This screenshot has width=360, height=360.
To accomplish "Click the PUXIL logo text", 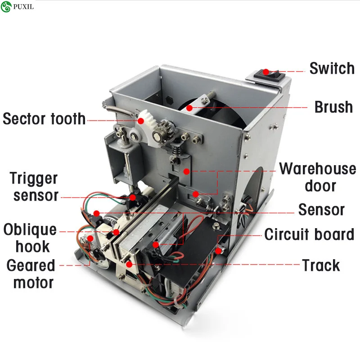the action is (23, 7).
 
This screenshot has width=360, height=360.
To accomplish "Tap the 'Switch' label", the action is (332, 68).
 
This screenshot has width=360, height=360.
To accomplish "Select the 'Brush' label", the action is (333, 107).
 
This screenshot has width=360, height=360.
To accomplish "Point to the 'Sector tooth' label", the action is (44, 119).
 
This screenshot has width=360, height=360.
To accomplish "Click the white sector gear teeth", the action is (146, 117).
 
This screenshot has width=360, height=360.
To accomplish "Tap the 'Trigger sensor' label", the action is (35, 187).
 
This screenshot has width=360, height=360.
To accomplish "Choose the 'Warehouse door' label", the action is (318, 177).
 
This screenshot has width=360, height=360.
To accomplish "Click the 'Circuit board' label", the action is (309, 234).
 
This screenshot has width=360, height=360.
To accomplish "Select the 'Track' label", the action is (321, 265).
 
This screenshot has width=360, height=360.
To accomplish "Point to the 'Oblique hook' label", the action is (30, 238).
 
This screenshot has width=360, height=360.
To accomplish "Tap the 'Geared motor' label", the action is (31, 274).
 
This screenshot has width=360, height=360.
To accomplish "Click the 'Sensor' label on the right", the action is (321, 210).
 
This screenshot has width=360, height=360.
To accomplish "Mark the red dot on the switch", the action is (266, 72).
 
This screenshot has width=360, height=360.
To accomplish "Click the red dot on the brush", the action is (189, 108).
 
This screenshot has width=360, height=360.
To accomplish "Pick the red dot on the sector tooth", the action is (141, 121).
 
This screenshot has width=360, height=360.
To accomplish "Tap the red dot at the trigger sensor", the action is (132, 198).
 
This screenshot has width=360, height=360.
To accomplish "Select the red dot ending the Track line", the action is (129, 265).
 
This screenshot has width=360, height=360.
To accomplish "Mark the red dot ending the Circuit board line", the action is (218, 251).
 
